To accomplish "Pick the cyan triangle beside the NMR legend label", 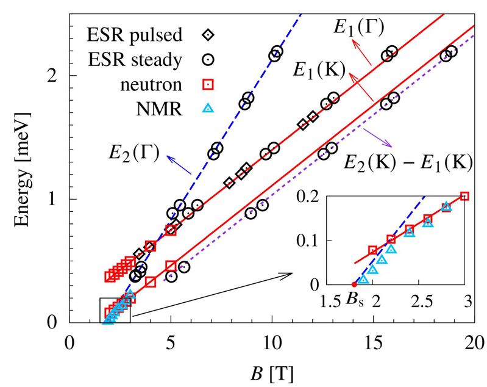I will (208, 109).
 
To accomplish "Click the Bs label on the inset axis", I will (354, 300).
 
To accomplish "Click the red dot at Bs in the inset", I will (354, 284).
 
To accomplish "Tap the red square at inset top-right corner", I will (465, 196).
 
